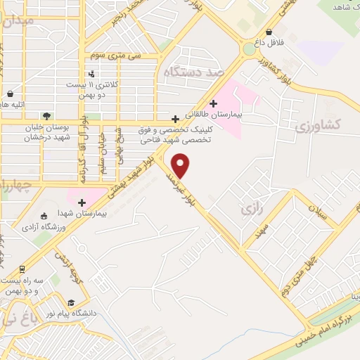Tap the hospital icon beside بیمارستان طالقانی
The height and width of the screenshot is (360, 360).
(213, 104)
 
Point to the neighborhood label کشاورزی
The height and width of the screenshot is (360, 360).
(318, 125)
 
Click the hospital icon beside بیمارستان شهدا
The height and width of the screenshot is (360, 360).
(82, 202)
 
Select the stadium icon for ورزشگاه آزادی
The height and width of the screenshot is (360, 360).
(44, 217)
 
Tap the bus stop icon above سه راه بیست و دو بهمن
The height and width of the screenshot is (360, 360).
(22, 269)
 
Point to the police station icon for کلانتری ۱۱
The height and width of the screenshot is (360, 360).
(91, 74)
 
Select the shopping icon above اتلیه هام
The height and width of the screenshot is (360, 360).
(10, 94)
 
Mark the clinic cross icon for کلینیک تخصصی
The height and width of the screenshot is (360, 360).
(175, 119)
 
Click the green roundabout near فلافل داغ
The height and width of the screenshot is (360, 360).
(248, 49)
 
